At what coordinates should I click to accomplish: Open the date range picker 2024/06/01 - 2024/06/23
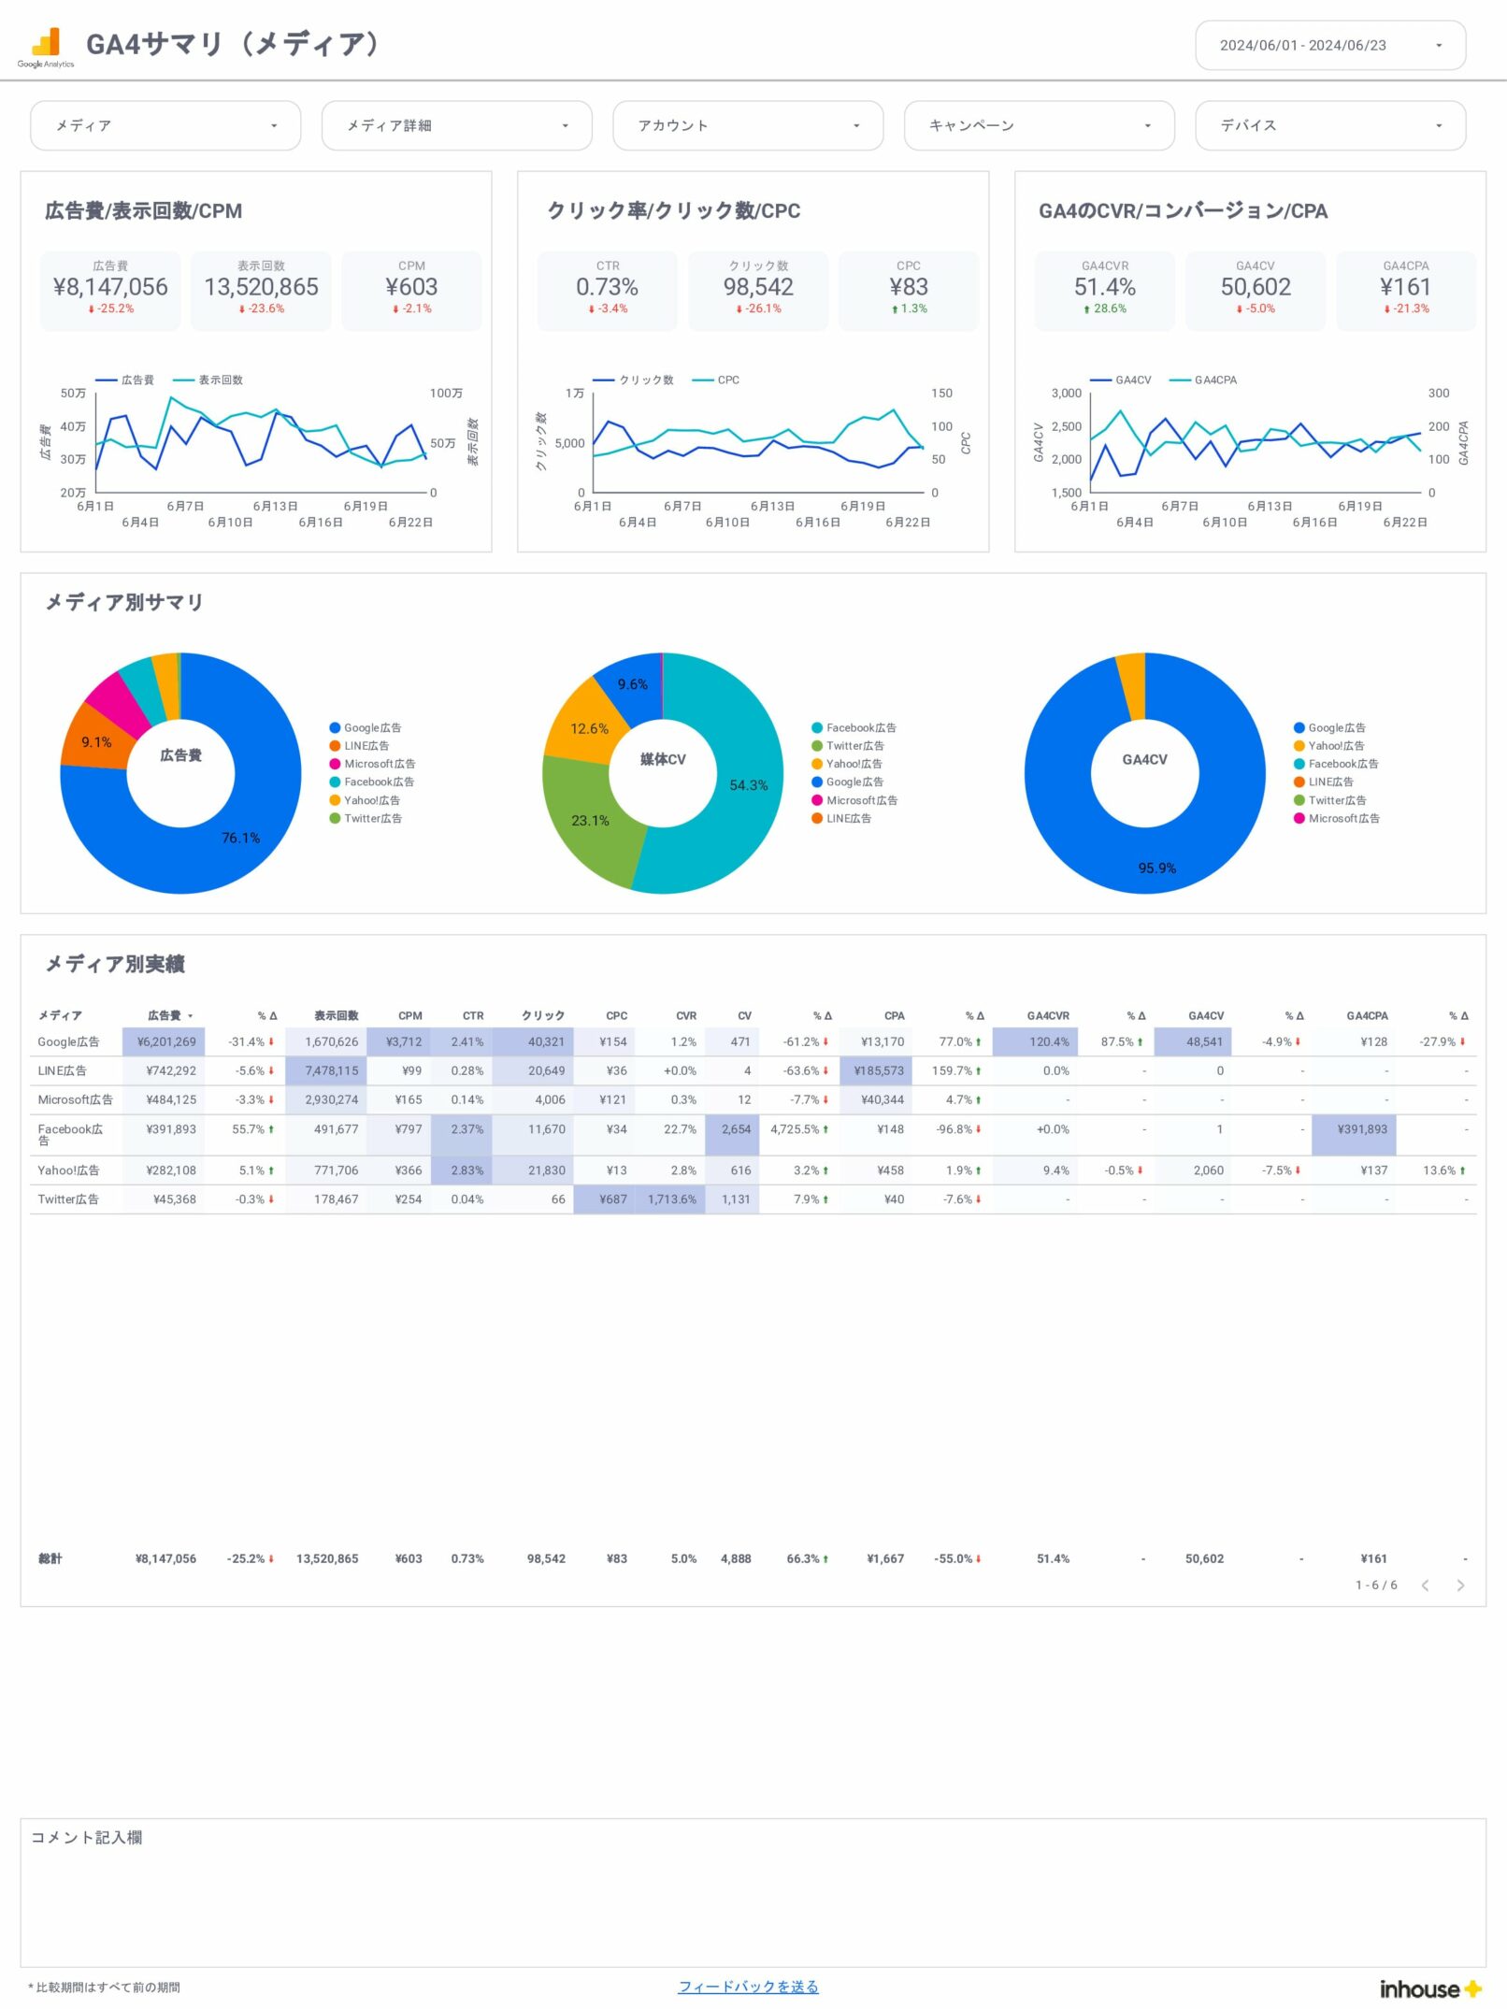click(1329, 45)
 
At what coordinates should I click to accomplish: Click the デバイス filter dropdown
click(1329, 125)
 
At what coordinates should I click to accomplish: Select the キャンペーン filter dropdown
click(1038, 125)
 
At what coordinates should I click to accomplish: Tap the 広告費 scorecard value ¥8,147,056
click(110, 287)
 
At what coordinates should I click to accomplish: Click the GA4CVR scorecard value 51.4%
click(1104, 287)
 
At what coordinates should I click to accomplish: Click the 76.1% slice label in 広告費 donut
click(240, 838)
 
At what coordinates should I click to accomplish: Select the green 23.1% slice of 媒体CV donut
click(590, 820)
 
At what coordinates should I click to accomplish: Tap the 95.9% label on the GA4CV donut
click(1156, 868)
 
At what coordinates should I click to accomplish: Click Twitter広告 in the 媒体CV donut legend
click(854, 746)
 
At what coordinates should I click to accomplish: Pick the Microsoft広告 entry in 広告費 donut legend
click(379, 764)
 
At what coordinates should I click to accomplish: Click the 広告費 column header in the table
click(165, 1015)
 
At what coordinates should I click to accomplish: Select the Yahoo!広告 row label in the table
click(68, 1170)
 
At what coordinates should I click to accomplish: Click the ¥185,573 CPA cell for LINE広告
click(878, 1070)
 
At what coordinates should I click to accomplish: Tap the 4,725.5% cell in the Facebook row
click(795, 1129)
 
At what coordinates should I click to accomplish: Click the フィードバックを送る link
click(748, 1987)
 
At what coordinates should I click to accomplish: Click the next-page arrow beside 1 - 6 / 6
click(1460, 1585)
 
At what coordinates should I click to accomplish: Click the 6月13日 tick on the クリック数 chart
click(772, 506)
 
